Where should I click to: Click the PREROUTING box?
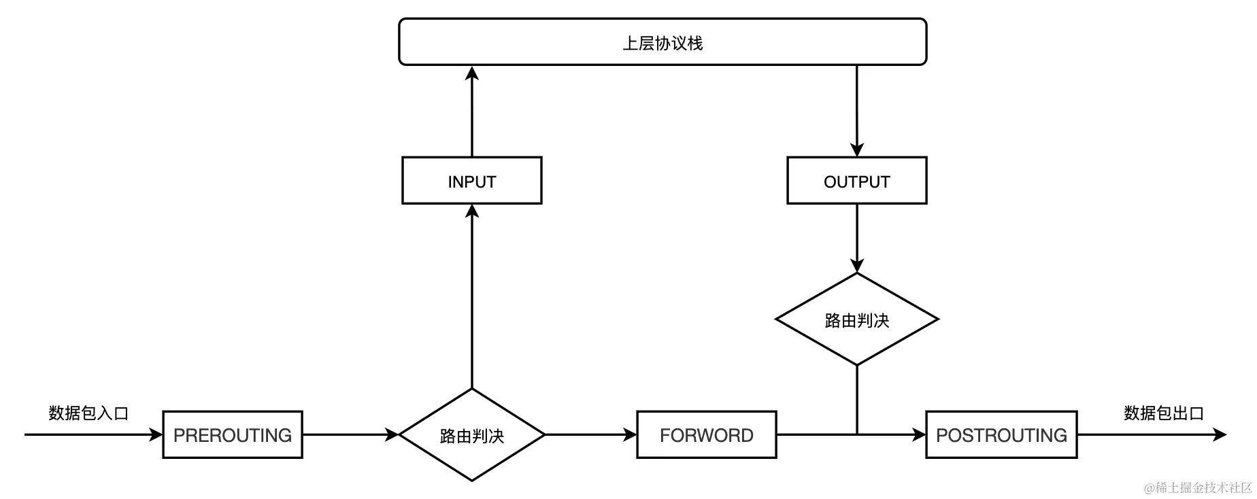pyautogui.click(x=233, y=434)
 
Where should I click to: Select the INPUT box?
pyautogui.click(x=471, y=181)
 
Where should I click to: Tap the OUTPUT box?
pyautogui.click(x=856, y=181)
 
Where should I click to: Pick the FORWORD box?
pyautogui.click(x=706, y=434)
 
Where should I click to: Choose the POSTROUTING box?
pyautogui.click(x=1001, y=434)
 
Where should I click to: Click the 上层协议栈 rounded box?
pyautogui.click(x=662, y=42)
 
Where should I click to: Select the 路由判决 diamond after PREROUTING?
pyautogui.click(x=471, y=435)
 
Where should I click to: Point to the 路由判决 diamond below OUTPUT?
pyautogui.click(x=856, y=320)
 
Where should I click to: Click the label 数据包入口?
pyautogui.click(x=88, y=413)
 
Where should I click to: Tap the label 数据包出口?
pyautogui.click(x=1164, y=413)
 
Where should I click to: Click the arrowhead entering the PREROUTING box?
pyautogui.click(x=156, y=434)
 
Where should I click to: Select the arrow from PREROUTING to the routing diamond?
pyautogui.click(x=350, y=434)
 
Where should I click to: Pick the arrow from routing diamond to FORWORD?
pyautogui.click(x=590, y=434)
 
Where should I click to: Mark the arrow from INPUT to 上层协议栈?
pyautogui.click(x=471, y=112)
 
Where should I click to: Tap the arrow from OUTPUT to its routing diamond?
pyautogui.click(x=856, y=238)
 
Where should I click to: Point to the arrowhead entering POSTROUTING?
pyautogui.click(x=920, y=434)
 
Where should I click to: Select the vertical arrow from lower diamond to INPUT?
pyautogui.click(x=471, y=296)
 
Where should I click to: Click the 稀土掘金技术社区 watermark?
pyautogui.click(x=1198, y=487)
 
